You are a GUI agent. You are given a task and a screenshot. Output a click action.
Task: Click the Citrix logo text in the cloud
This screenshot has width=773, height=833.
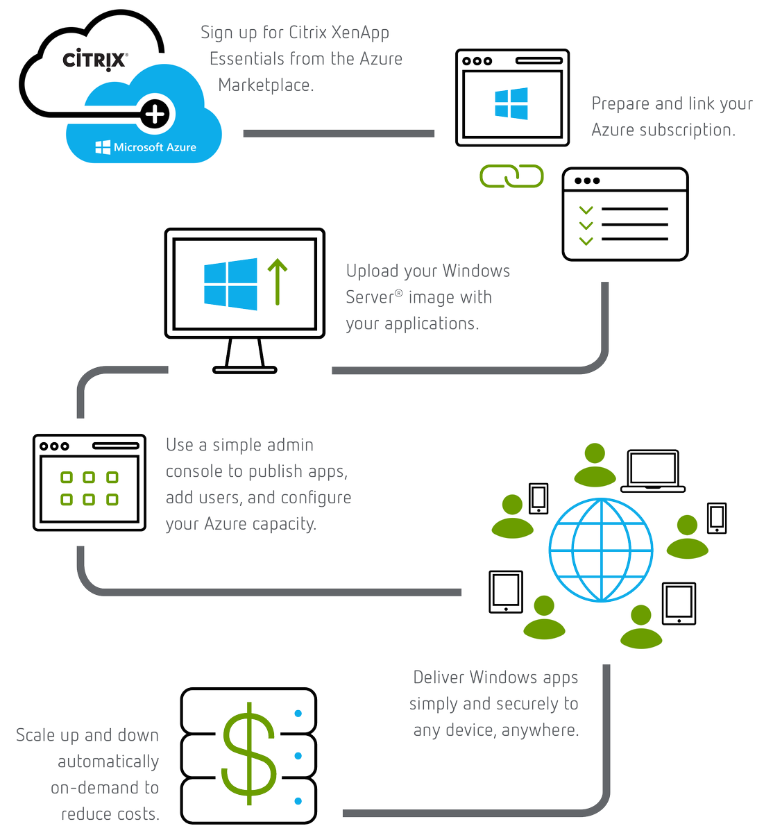[95, 60]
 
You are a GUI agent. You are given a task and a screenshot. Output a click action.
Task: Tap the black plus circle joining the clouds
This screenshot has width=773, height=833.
[155, 113]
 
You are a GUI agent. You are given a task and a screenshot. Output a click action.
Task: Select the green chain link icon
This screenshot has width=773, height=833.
[511, 176]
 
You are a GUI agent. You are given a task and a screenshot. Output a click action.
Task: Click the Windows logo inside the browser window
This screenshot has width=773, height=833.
[511, 104]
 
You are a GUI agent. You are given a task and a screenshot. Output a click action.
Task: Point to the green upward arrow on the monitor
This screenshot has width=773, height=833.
[278, 282]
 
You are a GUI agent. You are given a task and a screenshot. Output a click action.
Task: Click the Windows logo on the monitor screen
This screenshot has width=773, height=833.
[230, 284]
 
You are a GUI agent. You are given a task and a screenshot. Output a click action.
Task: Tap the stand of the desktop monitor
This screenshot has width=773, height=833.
[245, 356]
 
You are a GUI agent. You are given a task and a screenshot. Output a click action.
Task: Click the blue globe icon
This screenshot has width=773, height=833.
[601, 550]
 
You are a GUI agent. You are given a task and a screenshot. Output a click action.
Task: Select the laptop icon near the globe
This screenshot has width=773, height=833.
[653, 471]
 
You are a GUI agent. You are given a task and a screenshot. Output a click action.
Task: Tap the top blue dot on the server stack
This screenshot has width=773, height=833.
[298, 713]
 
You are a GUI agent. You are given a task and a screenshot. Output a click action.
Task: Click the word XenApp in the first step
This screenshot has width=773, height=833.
[360, 33]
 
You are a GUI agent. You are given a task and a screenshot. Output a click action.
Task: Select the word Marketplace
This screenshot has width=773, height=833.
[266, 85]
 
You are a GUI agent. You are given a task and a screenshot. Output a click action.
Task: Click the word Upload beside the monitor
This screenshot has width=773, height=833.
[373, 271]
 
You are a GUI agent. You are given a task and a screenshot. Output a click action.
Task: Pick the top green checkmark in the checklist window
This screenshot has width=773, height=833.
[586, 210]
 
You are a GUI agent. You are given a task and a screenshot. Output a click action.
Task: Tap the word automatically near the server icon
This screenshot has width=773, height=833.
[108, 762]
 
